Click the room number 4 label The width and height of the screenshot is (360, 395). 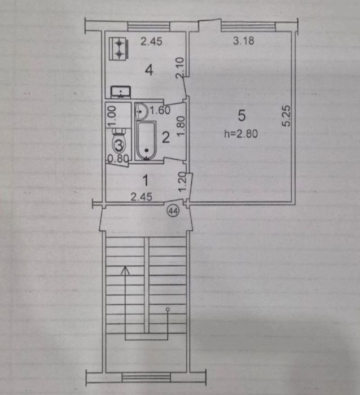[149, 71]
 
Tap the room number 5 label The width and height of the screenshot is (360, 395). [242, 116]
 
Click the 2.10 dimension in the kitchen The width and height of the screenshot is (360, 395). [179, 69]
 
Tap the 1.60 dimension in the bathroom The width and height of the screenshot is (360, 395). [159, 111]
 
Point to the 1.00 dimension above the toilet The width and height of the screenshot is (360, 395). [112, 116]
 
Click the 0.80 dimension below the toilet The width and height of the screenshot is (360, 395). [116, 159]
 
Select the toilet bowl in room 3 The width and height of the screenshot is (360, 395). [119, 144]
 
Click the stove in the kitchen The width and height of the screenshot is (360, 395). [119, 49]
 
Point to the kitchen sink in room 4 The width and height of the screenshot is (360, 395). [120, 91]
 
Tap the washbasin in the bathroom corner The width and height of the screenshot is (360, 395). [142, 110]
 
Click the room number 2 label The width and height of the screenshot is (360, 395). [165, 136]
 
